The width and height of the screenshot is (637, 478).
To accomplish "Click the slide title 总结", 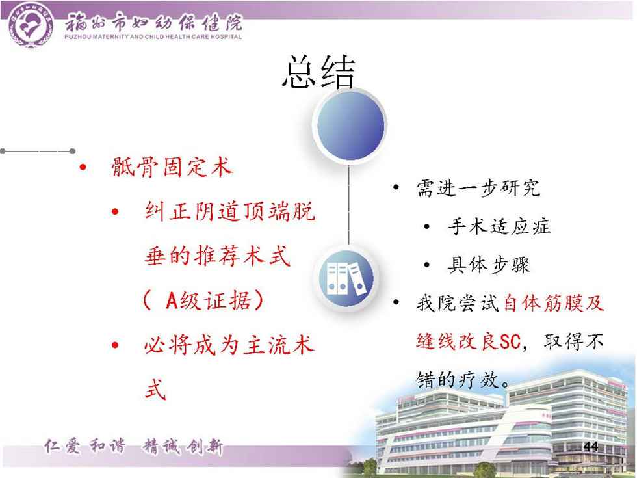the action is click(319, 72).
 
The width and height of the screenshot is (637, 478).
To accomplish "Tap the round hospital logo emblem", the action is click(31, 25).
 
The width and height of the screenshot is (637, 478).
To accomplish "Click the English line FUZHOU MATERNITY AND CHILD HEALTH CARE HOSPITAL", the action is click(153, 37).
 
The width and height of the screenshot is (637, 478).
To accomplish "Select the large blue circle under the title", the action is click(350, 125).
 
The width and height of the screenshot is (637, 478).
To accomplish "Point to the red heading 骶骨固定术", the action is click(172, 166).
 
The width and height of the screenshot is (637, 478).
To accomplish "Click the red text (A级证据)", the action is click(203, 300).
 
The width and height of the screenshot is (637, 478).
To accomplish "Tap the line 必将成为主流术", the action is click(229, 345).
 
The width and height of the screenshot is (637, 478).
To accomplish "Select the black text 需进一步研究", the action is click(478, 188).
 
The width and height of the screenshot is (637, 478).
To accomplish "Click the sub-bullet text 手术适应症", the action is click(499, 226).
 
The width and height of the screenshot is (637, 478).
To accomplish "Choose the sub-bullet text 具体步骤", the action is click(489, 265).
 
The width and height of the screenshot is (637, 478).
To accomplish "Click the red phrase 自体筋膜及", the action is click(554, 303).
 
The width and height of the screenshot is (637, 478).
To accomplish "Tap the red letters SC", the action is click(510, 342).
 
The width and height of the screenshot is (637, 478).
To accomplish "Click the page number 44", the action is click(591, 446).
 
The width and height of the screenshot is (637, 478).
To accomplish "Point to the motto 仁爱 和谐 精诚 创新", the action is click(134, 447).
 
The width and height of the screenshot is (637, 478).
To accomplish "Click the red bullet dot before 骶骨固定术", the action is click(83, 167).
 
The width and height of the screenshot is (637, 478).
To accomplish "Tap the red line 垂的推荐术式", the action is click(217, 256).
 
